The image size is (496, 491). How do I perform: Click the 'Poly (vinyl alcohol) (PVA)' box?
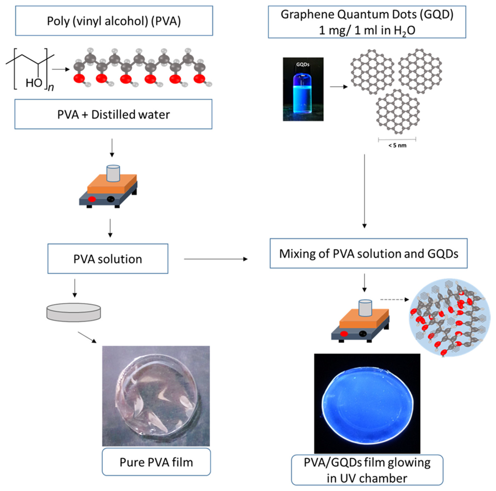click(x=114, y=21)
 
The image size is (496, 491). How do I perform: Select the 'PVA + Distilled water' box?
click(x=113, y=114)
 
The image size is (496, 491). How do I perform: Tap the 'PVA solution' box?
click(x=108, y=259)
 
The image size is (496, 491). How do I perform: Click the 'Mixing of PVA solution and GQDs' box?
click(x=368, y=254)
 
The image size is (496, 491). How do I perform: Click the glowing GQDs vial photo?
click(x=303, y=89)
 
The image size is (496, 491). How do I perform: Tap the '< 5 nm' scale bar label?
click(x=397, y=145)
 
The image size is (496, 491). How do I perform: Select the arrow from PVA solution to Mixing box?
click(x=216, y=259)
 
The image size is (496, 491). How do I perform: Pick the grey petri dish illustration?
click(x=74, y=312)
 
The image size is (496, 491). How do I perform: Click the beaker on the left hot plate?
click(x=113, y=173)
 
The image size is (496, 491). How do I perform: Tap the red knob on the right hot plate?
click(x=344, y=334)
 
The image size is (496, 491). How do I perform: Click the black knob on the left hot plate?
click(x=111, y=199)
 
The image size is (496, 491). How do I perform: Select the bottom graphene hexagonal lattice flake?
click(x=398, y=112)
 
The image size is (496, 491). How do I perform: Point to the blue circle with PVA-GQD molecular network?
click(x=449, y=318)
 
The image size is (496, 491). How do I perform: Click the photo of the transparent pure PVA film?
click(x=156, y=396)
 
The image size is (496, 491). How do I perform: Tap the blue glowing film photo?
click(x=367, y=404)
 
